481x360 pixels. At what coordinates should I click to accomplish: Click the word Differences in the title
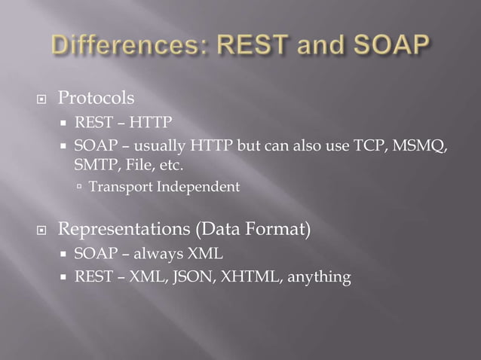(123, 47)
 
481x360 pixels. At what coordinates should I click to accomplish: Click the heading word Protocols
(97, 99)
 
